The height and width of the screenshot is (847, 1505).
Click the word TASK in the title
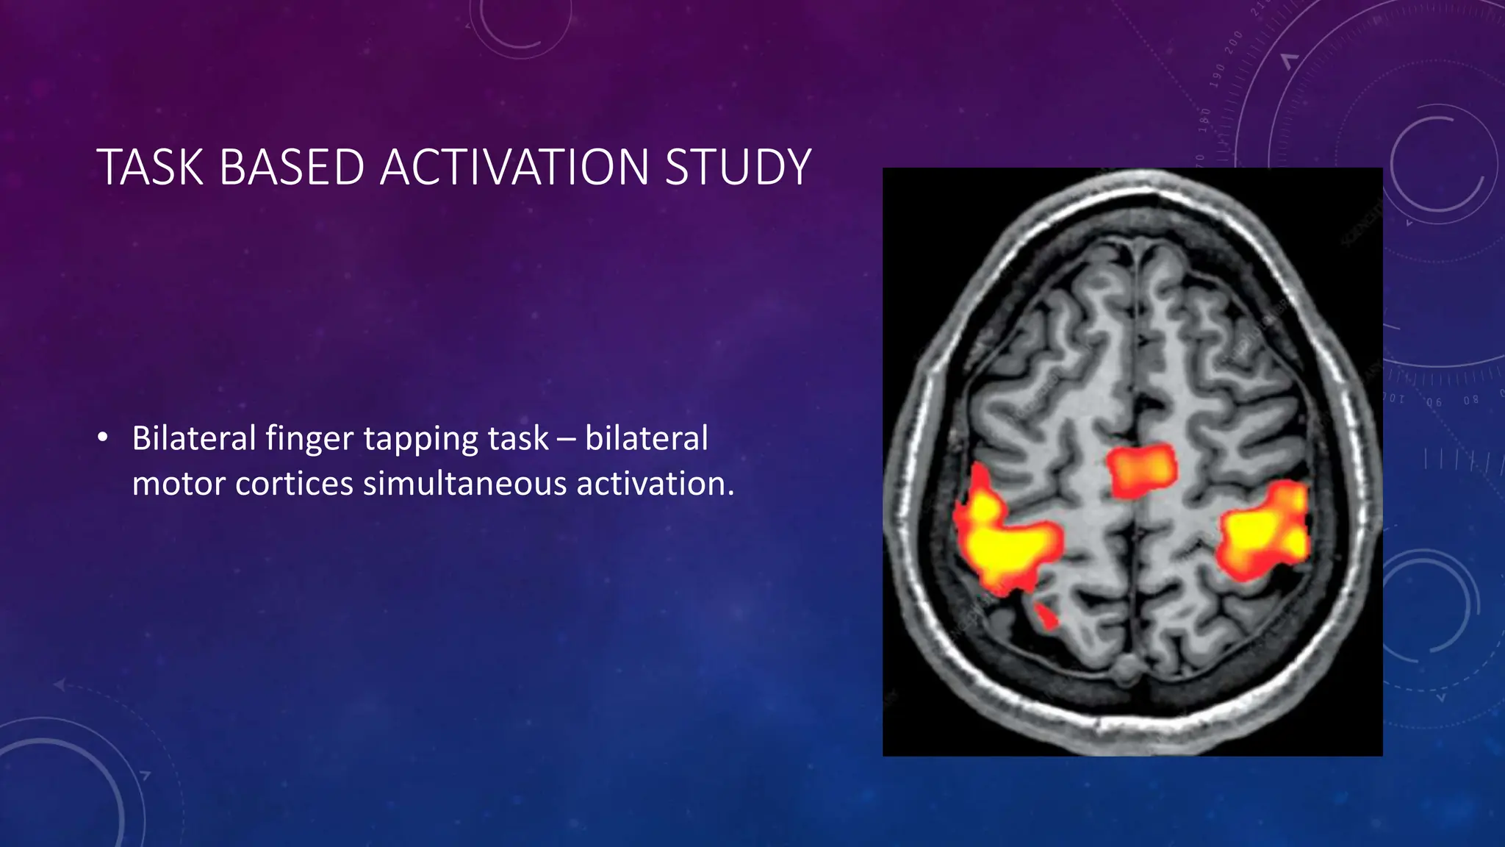coord(150,168)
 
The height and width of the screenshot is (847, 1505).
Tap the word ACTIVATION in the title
coord(514,168)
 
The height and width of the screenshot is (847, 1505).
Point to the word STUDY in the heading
coord(738,168)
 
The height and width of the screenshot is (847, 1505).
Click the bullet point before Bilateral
coord(102,439)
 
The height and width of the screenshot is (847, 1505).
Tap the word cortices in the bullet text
coord(295,484)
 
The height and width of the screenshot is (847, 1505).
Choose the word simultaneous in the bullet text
coord(465,484)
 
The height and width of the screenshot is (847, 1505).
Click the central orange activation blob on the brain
coord(1141,470)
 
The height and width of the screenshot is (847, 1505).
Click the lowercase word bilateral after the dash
coord(647,439)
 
